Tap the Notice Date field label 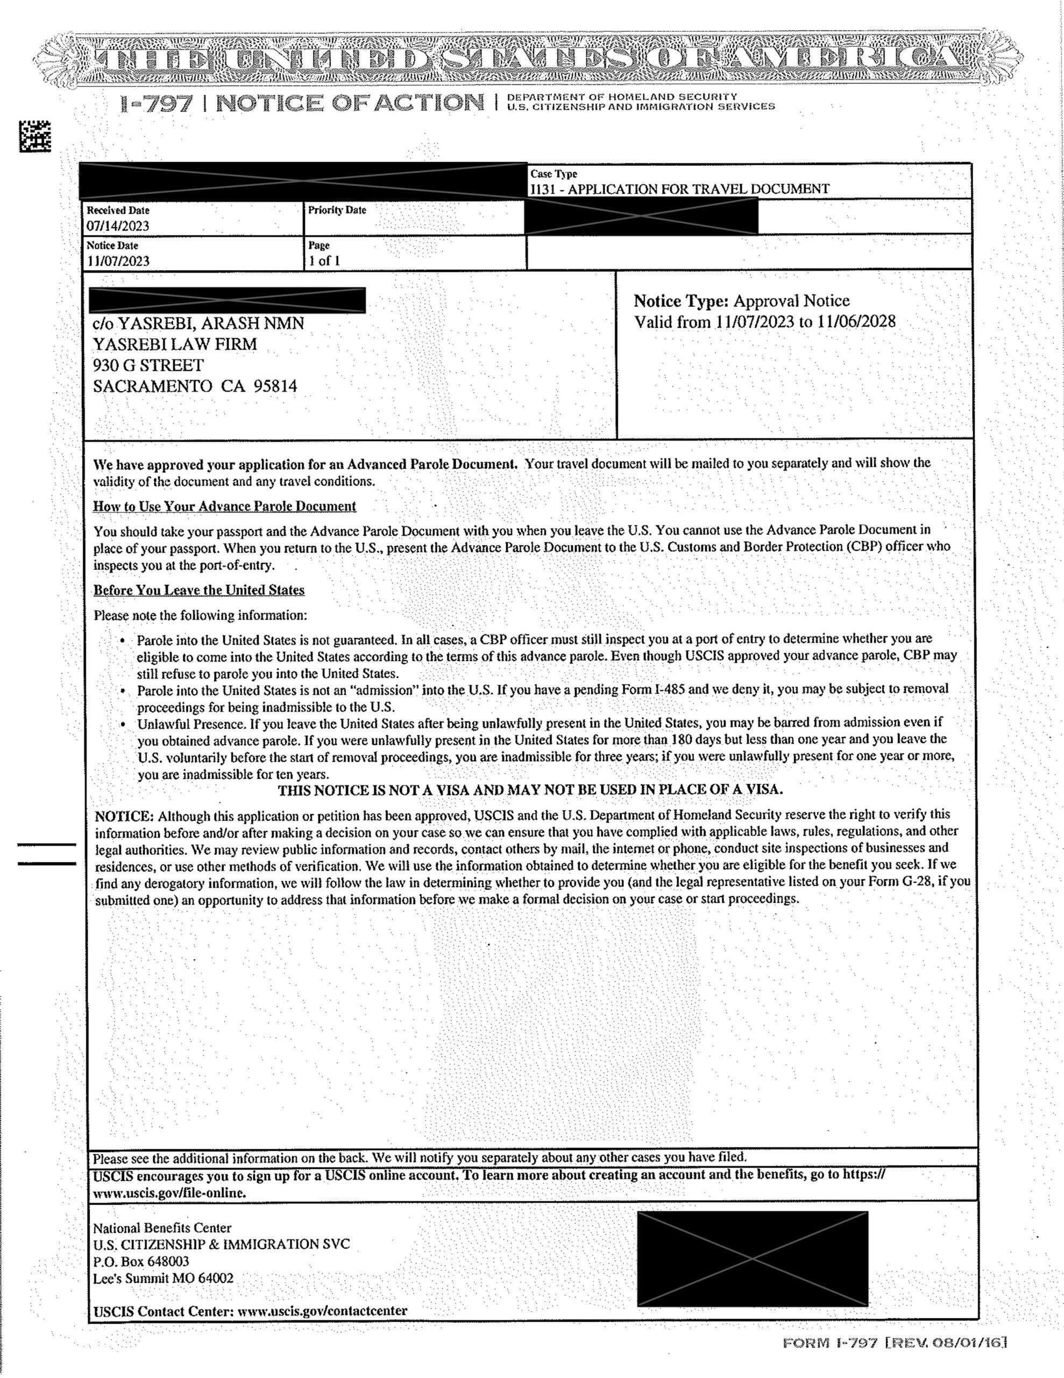[x=112, y=245]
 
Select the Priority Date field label [x=337, y=210]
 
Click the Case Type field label [x=553, y=173]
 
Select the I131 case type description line [x=679, y=188]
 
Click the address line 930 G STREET [x=148, y=365]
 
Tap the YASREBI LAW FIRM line [x=175, y=344]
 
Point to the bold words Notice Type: [x=680, y=301]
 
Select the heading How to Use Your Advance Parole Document [x=224, y=506]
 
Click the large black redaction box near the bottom [x=752, y=1258]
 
